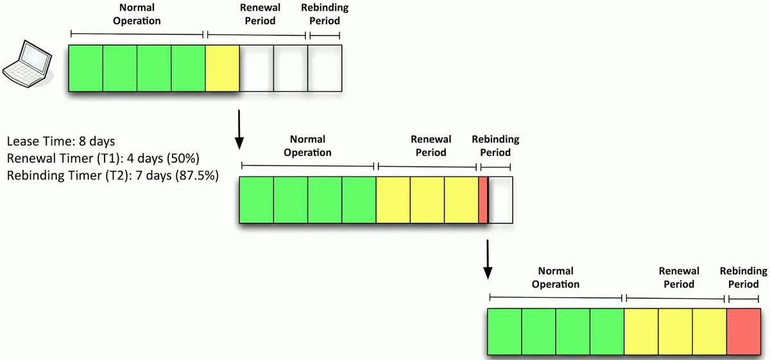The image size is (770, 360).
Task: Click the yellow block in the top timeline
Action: click(x=222, y=68)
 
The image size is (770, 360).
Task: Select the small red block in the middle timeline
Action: click(x=483, y=200)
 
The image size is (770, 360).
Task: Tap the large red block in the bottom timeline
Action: click(x=744, y=332)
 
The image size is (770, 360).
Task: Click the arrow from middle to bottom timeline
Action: click(x=487, y=259)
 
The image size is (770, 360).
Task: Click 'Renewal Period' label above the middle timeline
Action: click(x=431, y=146)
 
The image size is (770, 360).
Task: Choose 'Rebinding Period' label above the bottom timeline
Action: click(x=743, y=278)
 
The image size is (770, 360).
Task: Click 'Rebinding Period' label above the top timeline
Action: click(x=325, y=15)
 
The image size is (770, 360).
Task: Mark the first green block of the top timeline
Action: click(x=85, y=68)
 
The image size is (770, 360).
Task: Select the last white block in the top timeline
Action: click(x=325, y=68)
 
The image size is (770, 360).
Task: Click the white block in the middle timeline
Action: click(x=501, y=200)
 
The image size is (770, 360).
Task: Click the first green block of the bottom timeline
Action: click(x=504, y=332)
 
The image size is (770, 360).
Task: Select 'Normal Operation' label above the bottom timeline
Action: click(x=556, y=278)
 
